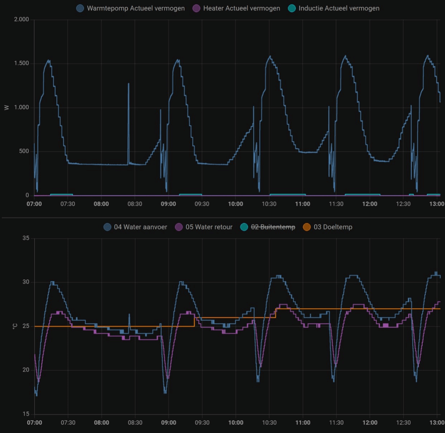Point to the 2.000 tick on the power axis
(20, 19)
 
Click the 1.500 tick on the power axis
(20, 63)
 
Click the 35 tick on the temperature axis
(24, 238)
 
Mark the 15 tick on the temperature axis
(24, 414)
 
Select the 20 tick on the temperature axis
(24, 370)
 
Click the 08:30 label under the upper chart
(135, 204)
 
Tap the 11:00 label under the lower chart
(303, 423)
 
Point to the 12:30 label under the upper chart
(403, 204)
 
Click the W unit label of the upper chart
(7, 107)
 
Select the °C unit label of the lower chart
(7, 326)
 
